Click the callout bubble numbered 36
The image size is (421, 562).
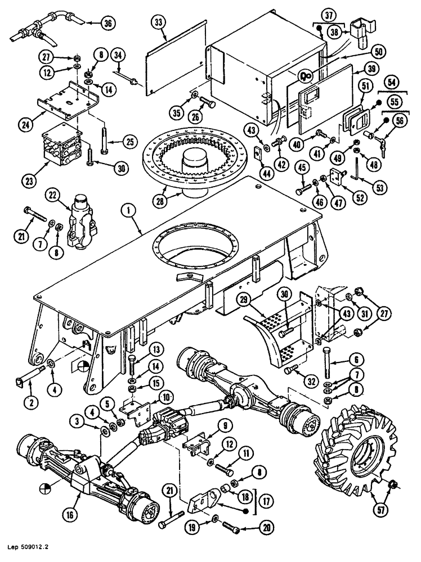(x=108, y=23)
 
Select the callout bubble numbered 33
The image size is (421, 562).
(x=159, y=22)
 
